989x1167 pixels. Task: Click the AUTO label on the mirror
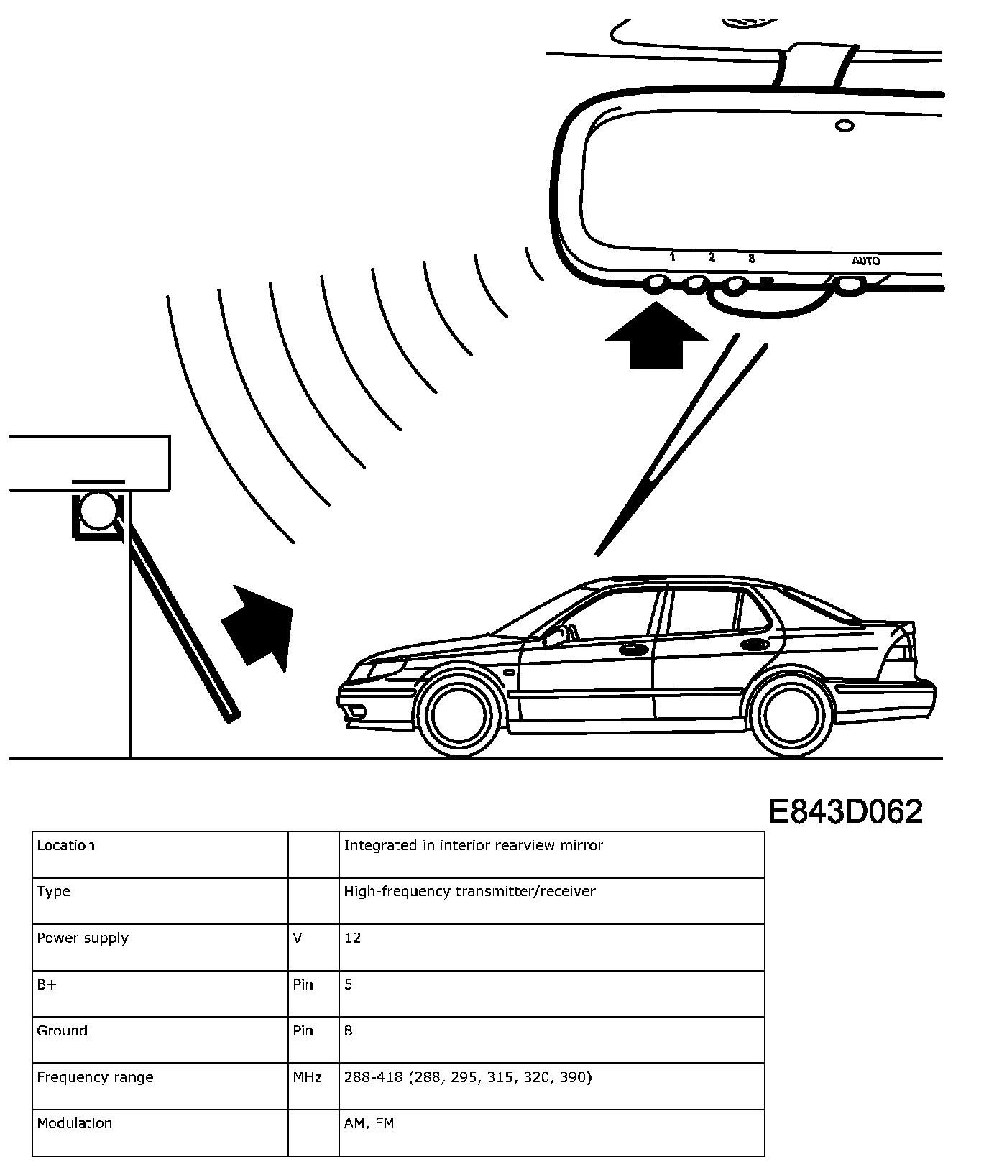[x=865, y=261]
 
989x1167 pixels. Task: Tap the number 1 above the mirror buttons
[x=672, y=257]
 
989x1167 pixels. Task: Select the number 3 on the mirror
[x=751, y=258]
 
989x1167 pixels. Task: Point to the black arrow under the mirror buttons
[x=655, y=338]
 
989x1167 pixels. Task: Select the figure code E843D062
[x=845, y=812]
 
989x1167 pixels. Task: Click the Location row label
[x=66, y=846]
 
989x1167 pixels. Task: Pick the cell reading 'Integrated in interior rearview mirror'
[x=474, y=846]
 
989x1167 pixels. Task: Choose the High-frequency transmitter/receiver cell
[x=470, y=892]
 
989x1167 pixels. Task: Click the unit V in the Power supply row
[x=298, y=938]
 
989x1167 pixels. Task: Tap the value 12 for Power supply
[x=352, y=938]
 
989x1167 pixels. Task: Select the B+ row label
[x=47, y=984]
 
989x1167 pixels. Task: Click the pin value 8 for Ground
[x=349, y=1030]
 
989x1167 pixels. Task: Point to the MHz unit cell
[x=307, y=1077]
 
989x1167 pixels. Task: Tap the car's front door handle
[x=632, y=650]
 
